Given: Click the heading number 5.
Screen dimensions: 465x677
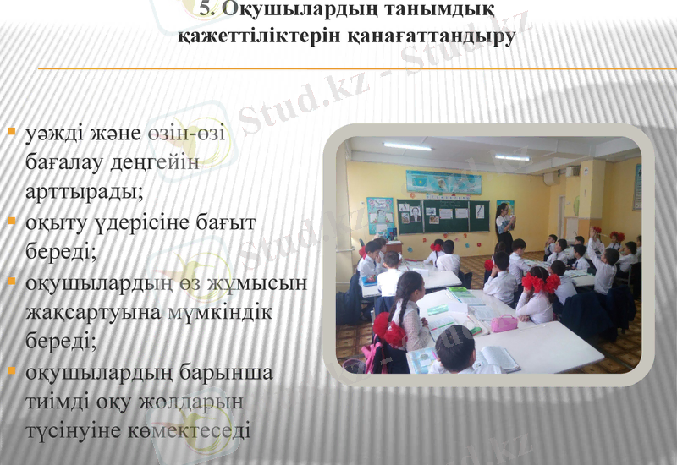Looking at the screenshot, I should tap(206, 10).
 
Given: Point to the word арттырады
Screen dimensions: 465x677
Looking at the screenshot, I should tap(84, 191).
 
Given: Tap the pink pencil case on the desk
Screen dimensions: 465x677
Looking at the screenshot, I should tap(504, 323).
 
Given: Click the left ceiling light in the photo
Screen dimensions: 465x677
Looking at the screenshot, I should tap(407, 146).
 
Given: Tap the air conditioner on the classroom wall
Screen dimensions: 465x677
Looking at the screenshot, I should tap(551, 179).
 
